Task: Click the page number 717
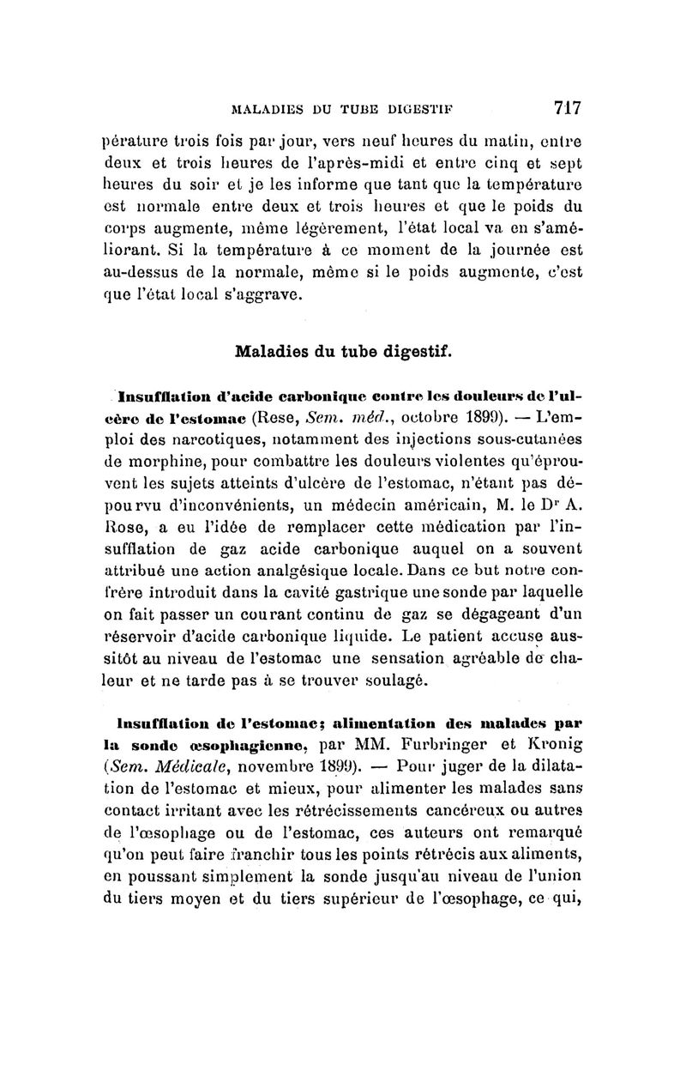click(x=568, y=107)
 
